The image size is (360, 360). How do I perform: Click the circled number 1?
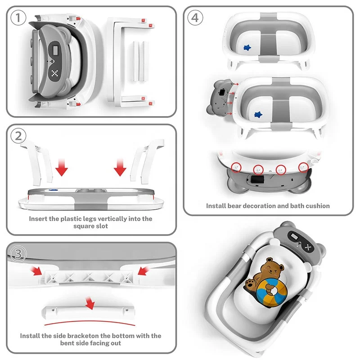[18, 18]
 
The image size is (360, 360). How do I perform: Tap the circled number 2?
[18, 136]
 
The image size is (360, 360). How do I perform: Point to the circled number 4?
[194, 18]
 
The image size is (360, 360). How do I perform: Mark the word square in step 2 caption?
[85, 226]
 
